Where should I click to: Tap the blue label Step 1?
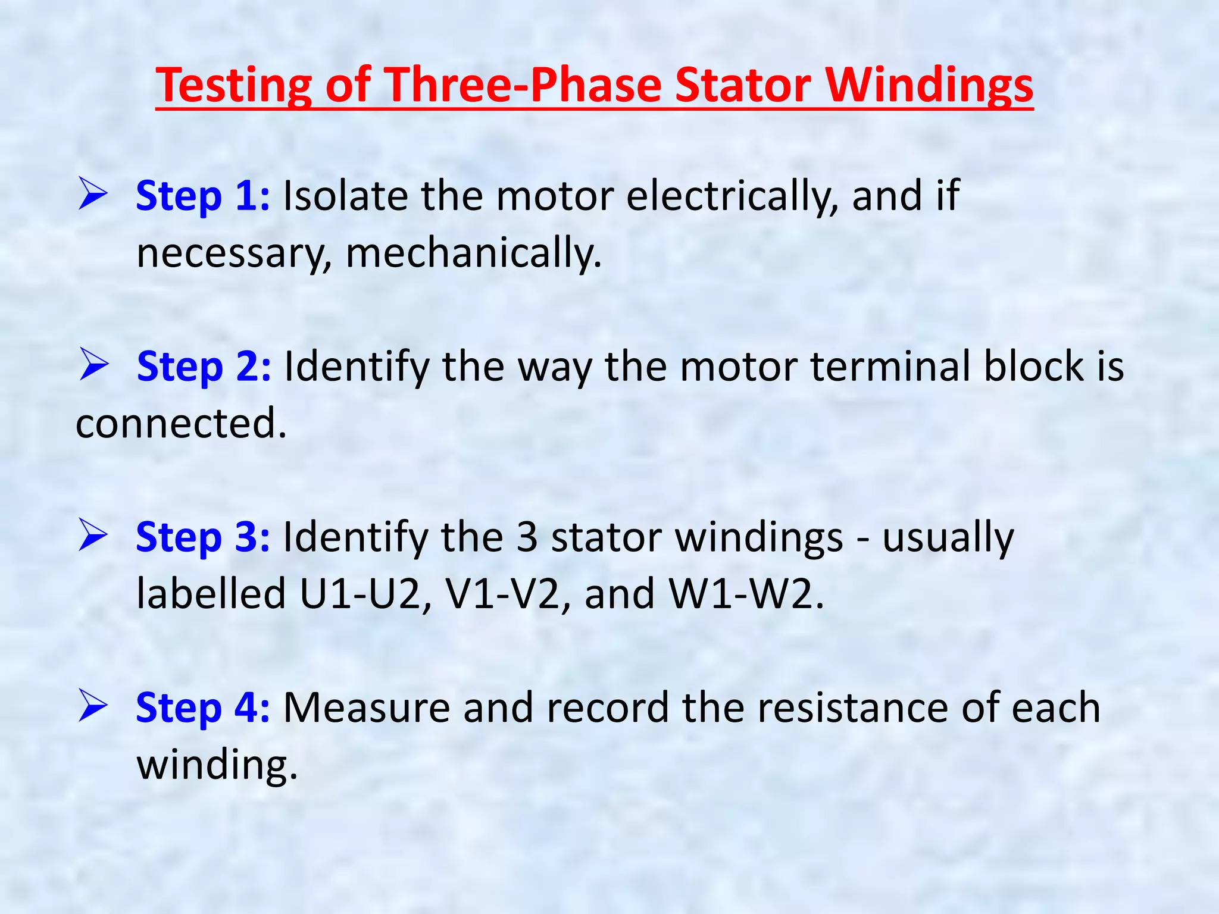202,196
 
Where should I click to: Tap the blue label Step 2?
204,367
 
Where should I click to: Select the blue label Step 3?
202,537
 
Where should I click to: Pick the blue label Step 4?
202,708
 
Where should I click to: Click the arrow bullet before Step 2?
94,365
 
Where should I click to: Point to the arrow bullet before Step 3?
93,536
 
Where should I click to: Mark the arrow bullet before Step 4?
93,707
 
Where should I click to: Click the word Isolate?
345,196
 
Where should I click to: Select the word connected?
182,424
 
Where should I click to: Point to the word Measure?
367,708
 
